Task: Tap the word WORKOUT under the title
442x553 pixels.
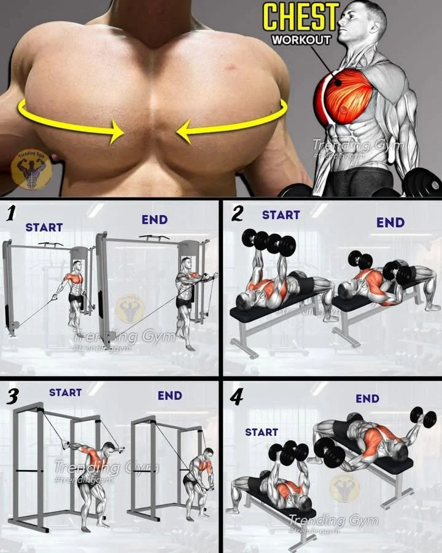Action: point(301,40)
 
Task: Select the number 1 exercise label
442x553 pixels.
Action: point(10,214)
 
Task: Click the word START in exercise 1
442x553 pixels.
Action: point(44,227)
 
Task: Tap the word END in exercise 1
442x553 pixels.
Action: point(154,219)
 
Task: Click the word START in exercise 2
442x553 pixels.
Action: point(281,215)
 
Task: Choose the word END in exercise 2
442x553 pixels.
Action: point(390,222)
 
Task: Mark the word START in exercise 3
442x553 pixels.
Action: point(65,392)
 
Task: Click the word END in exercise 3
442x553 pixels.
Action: point(169,396)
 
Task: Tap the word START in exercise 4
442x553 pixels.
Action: point(262,432)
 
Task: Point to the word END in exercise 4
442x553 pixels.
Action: point(367,399)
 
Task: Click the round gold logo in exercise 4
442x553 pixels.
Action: point(344,487)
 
